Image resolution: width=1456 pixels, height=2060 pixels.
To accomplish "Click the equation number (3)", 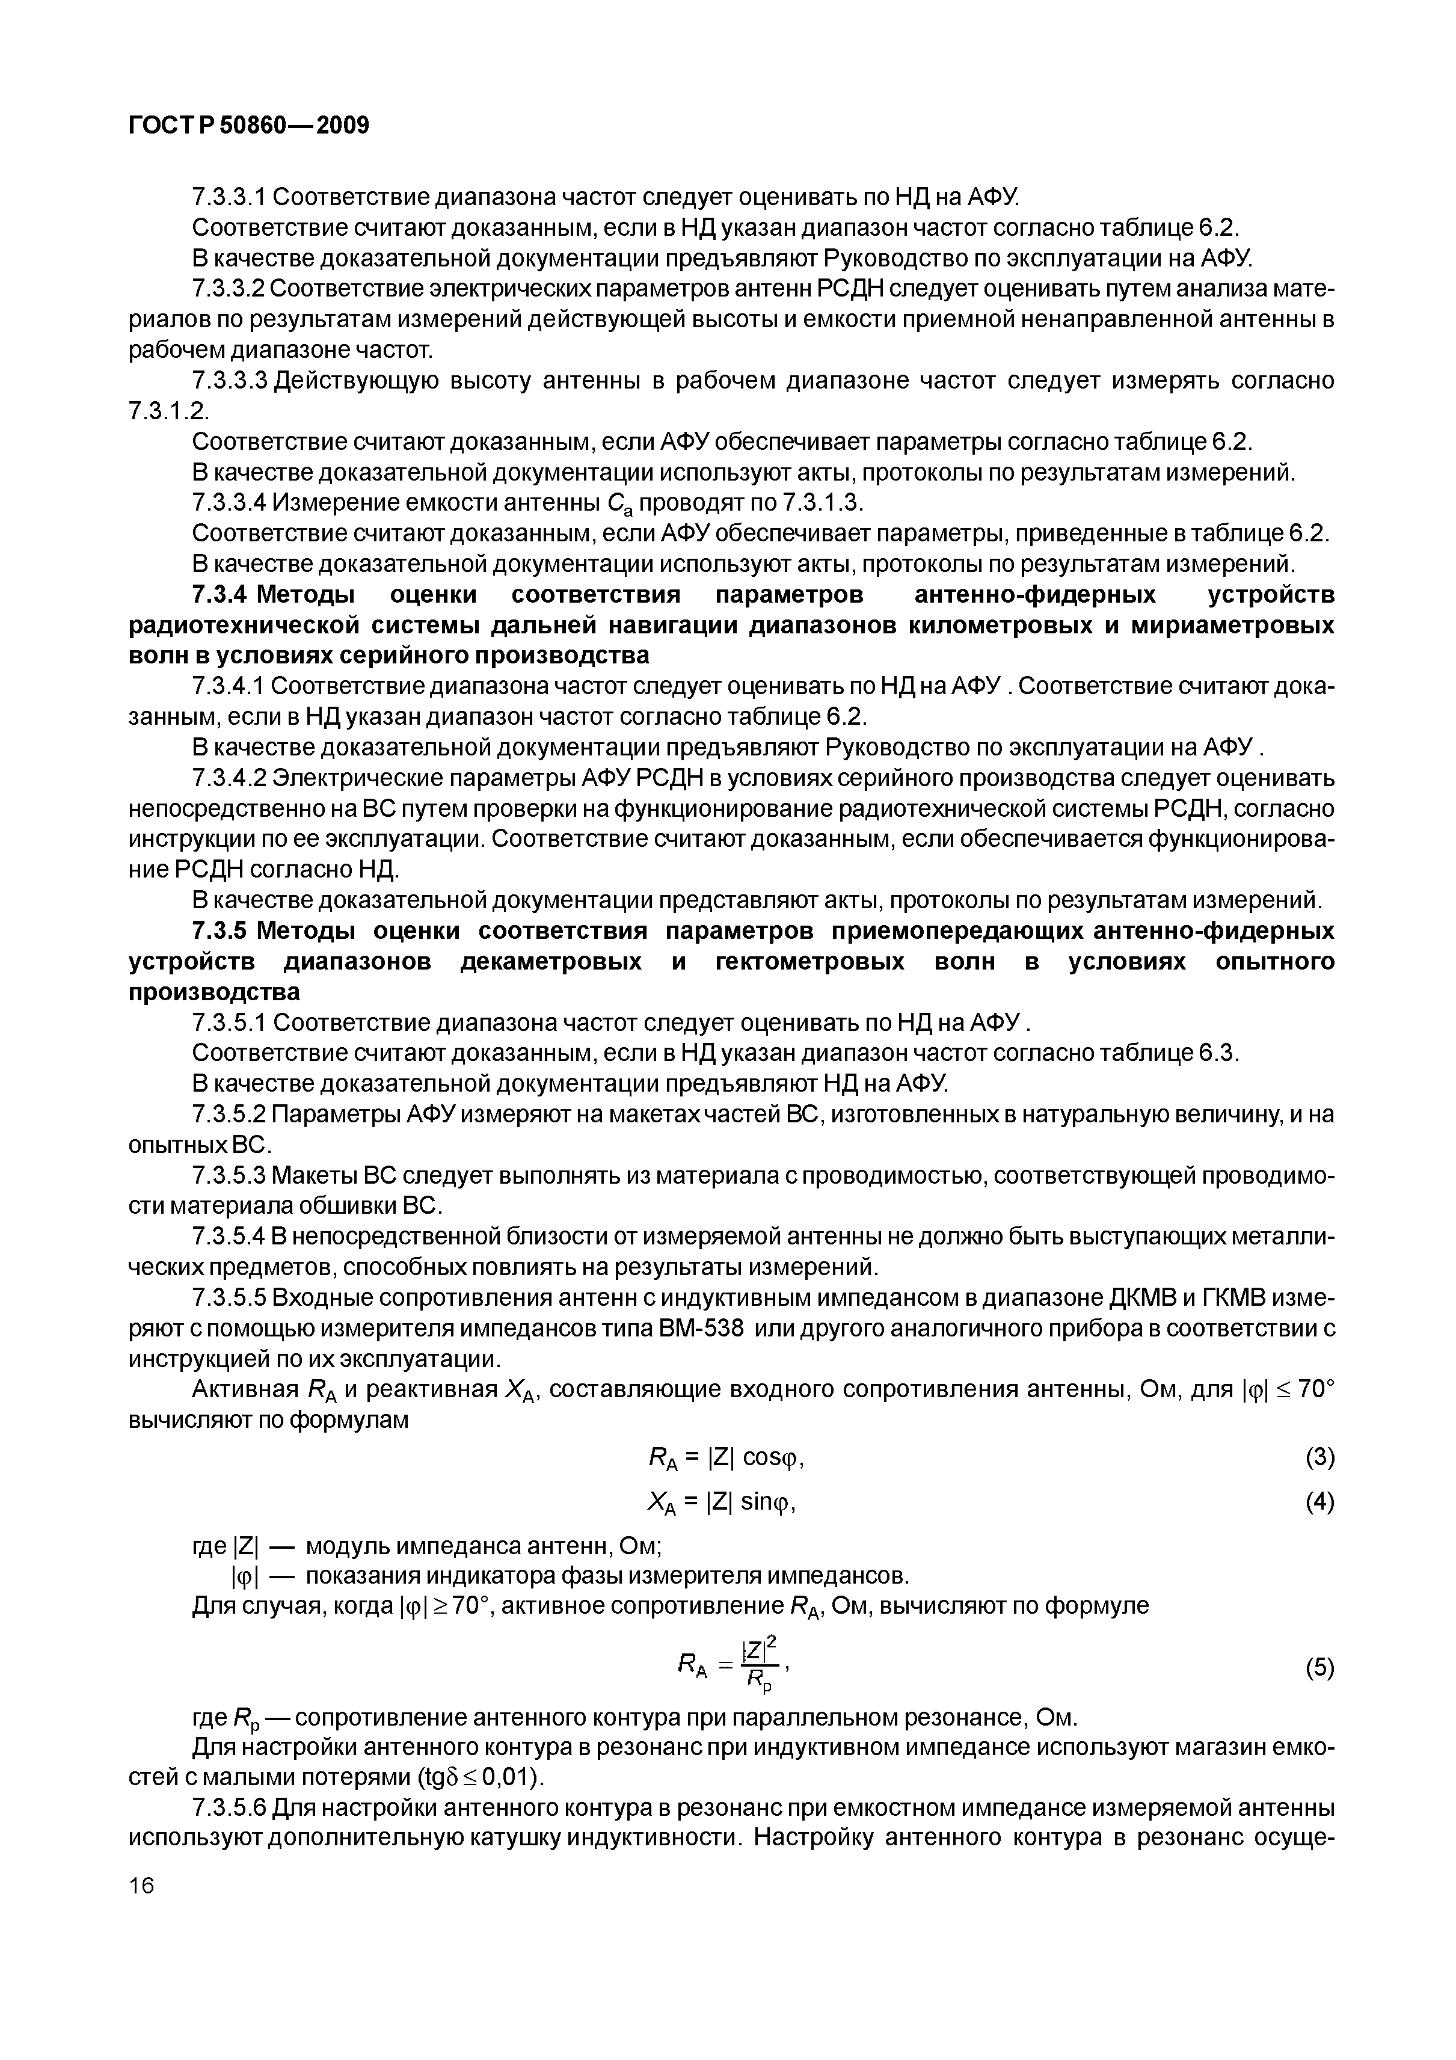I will click(x=1319, y=1458).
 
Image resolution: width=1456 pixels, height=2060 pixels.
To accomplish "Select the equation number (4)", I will click(x=1319, y=1502).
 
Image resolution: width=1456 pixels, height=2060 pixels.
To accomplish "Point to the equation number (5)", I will click(x=1319, y=1668).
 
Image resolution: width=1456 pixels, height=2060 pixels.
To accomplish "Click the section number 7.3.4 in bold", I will click(x=221, y=595).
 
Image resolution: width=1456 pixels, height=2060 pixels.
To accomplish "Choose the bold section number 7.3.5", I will click(x=221, y=930).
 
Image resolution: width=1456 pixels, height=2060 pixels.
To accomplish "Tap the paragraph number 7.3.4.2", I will click(x=230, y=777).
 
